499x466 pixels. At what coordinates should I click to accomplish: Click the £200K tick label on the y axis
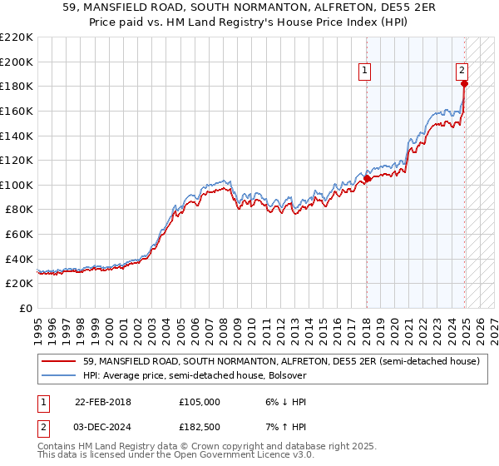[17, 62]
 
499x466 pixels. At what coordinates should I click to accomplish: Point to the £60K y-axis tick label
[19, 235]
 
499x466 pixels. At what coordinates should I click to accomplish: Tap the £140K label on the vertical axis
[17, 136]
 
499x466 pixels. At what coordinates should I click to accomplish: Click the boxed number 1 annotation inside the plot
[365, 72]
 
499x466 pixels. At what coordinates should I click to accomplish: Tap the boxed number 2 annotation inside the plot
[462, 72]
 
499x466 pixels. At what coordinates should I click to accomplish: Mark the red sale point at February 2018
[368, 178]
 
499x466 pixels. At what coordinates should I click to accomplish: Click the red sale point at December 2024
[465, 83]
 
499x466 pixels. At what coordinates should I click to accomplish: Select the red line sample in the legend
[58, 362]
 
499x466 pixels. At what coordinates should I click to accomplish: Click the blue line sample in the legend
[58, 375]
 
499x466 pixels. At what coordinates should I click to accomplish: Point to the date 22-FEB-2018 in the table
[104, 402]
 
